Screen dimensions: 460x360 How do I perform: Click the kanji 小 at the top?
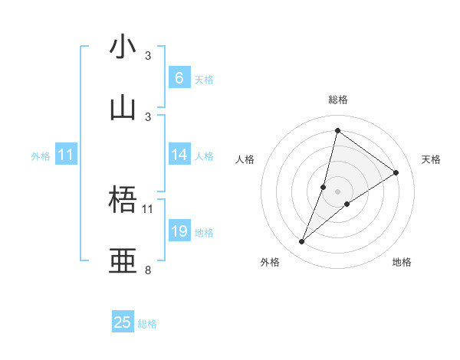click(123, 47)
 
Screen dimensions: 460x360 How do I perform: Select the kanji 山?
click(123, 107)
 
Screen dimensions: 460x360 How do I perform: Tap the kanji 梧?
click(123, 201)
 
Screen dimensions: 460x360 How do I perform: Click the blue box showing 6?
click(179, 78)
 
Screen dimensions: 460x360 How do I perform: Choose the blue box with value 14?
click(179, 155)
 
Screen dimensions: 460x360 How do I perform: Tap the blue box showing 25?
click(123, 322)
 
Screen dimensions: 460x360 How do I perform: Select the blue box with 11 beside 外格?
click(66, 155)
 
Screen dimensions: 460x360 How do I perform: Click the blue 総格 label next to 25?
click(147, 324)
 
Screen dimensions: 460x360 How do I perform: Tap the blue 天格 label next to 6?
click(204, 80)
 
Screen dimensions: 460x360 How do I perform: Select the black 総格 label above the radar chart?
click(338, 100)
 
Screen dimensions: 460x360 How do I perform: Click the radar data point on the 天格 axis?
click(396, 173)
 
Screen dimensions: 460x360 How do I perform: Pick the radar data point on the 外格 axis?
click(302, 242)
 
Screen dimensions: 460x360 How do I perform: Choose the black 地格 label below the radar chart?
click(402, 263)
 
